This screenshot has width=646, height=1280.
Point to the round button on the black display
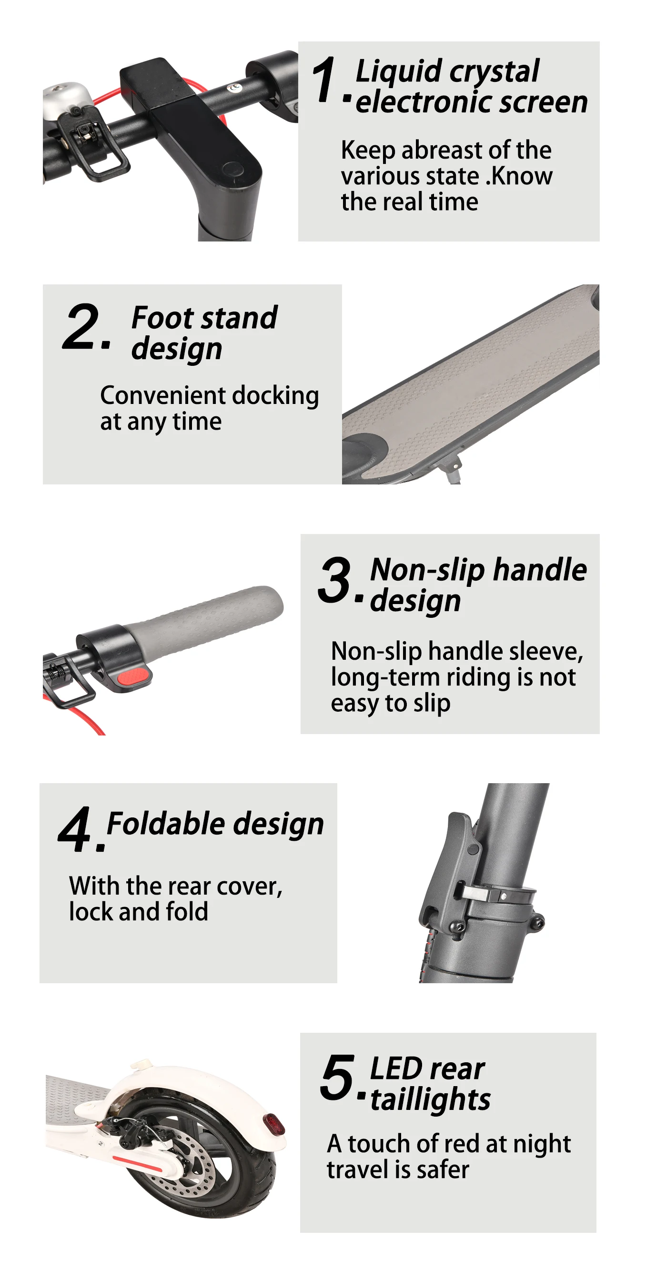[232, 168]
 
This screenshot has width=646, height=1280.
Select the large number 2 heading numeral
[81, 326]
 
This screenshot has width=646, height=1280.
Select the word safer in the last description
[442, 1169]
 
